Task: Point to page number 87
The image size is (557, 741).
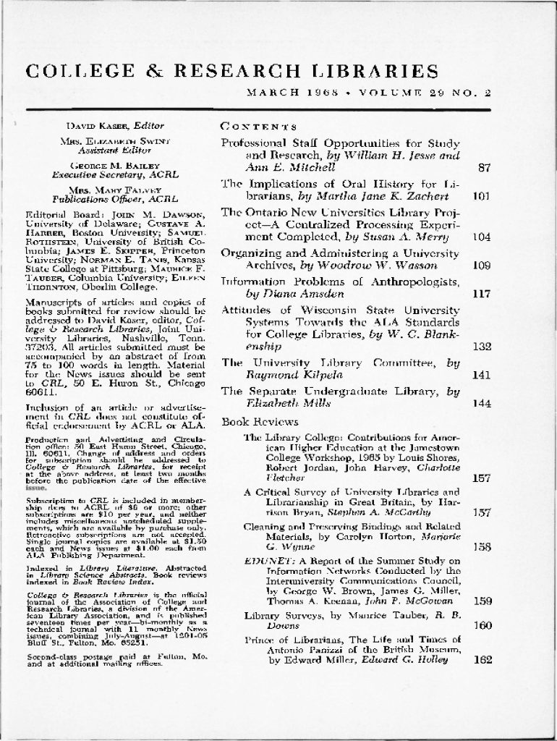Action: point(485,168)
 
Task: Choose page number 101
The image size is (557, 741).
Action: point(482,196)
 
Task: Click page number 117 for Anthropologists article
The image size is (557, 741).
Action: point(482,294)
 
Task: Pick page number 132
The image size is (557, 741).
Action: point(482,347)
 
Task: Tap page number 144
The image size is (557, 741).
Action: point(482,403)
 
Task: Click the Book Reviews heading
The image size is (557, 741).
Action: point(250,422)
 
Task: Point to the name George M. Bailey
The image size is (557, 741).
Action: point(99,166)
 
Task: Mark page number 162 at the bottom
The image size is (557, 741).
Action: point(482,660)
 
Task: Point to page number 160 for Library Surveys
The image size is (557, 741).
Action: point(482,625)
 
